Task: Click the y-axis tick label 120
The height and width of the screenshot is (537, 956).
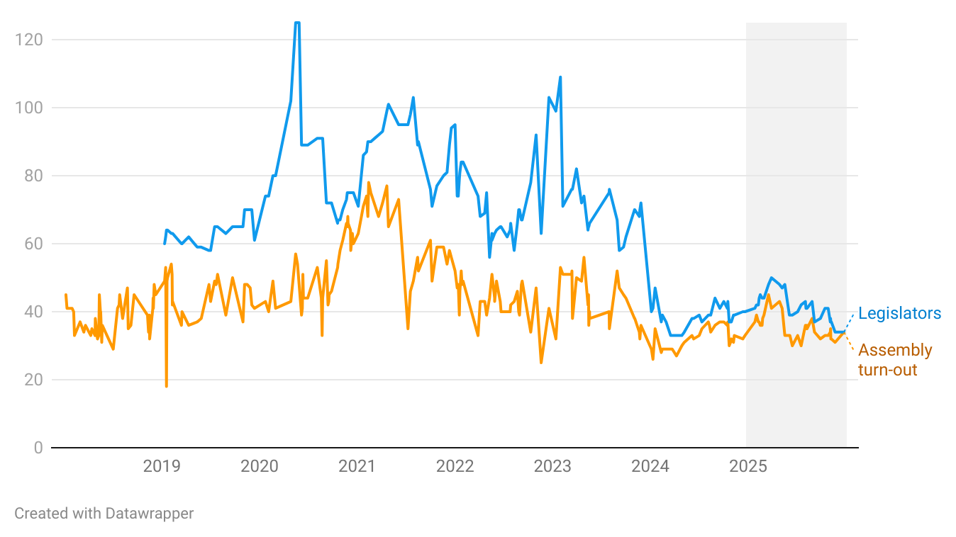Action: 29,40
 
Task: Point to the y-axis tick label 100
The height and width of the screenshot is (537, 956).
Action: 29,108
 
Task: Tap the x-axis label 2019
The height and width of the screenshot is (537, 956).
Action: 162,466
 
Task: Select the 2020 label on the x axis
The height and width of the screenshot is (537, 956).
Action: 260,466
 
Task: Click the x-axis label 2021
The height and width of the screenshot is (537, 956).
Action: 357,466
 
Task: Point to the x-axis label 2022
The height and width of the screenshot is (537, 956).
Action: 455,466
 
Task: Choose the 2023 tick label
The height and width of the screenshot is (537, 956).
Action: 552,466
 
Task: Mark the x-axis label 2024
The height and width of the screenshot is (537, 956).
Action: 650,466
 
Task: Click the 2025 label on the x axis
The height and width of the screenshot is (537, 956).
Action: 747,466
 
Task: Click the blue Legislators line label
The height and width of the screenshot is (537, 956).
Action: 899,313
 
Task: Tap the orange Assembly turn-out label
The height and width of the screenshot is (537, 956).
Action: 895,360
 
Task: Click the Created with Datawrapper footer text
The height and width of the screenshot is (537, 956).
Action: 104,514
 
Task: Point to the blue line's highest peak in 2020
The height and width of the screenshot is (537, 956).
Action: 296,23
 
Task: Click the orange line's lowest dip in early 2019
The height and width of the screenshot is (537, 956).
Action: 166,386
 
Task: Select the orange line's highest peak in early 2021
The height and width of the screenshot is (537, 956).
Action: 368,183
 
